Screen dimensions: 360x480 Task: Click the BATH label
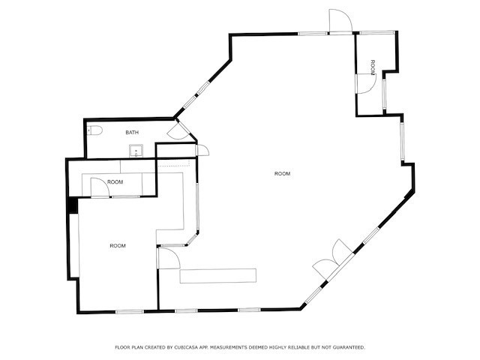click(131, 133)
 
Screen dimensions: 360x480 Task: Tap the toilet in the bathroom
click(94, 131)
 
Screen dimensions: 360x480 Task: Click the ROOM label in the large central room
click(282, 174)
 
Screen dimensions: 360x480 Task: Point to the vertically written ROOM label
click(373, 66)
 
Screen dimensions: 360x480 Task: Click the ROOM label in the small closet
click(115, 182)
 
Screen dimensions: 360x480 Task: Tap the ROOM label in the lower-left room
click(118, 246)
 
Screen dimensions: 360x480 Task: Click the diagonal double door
click(330, 259)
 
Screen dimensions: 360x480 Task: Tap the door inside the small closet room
click(101, 188)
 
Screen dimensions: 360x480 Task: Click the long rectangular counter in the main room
click(217, 275)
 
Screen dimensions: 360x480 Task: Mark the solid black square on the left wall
click(73, 204)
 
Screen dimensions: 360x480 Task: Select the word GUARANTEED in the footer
click(346, 347)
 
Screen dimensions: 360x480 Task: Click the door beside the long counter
click(168, 259)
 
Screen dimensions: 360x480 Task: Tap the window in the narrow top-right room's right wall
click(384, 90)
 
